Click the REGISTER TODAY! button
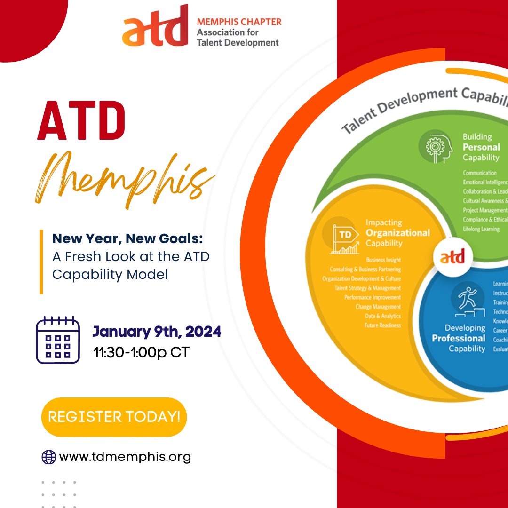point(114,417)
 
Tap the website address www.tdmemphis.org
point(125,457)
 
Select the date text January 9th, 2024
point(157,332)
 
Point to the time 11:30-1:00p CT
point(141,352)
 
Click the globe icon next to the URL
point(48,457)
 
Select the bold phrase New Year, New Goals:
point(127,238)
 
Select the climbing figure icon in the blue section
point(464,301)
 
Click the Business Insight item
point(383,260)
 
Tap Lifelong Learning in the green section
point(481,229)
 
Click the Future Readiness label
point(382,325)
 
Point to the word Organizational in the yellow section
point(398,233)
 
